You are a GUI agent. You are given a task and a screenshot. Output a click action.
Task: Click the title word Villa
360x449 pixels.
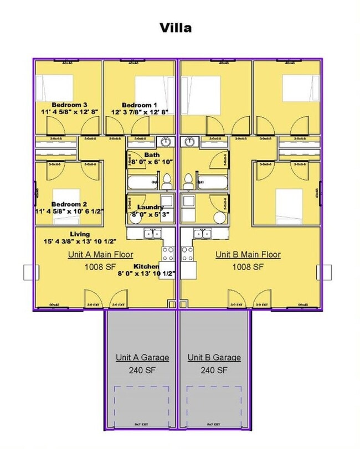[176, 28]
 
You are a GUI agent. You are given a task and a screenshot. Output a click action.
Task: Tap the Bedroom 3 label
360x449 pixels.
[69, 105]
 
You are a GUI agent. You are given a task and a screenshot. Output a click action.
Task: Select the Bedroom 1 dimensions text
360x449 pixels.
[140, 112]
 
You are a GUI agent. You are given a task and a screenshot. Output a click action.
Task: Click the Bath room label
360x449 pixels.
[151, 154]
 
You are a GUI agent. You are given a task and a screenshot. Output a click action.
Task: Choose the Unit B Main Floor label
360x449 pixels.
[248, 255]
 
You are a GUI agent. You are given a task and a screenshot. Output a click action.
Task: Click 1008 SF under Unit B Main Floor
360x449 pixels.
[248, 267]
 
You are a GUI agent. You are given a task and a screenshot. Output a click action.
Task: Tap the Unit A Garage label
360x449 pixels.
[142, 358]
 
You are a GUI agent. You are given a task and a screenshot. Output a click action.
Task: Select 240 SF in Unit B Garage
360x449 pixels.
[214, 370]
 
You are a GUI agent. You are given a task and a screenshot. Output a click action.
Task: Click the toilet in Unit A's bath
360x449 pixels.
[167, 180]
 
